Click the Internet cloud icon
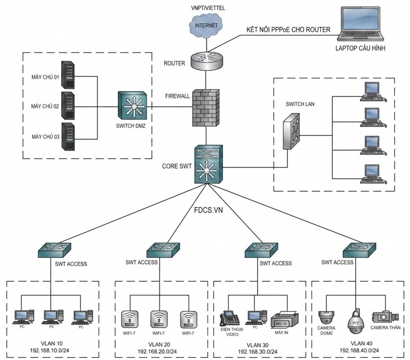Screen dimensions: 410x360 pyautogui.click(x=206, y=25)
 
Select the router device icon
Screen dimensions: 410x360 pyautogui.click(x=206, y=60)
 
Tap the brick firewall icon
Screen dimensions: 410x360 pyautogui.click(x=206, y=108)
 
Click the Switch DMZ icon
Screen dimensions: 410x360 pyautogui.click(x=132, y=106)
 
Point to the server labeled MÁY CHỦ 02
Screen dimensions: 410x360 pyautogui.click(x=68, y=106)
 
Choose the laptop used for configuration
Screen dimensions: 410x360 pyautogui.click(x=361, y=24)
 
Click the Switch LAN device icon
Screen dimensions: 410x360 pyautogui.click(x=292, y=131)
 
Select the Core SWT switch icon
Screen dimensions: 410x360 pyautogui.click(x=208, y=164)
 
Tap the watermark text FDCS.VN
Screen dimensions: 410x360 pyautogui.click(x=208, y=210)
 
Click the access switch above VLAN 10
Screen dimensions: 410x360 pyautogui.click(x=54, y=249)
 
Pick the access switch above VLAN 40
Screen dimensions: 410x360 pyautogui.click(x=360, y=249)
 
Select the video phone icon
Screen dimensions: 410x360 pyautogui.click(x=229, y=318)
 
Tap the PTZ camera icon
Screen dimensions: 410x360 pyautogui.click(x=356, y=322)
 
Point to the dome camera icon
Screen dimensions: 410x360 pyautogui.click(x=326, y=318)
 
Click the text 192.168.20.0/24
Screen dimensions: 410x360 pyautogui.click(x=157, y=352)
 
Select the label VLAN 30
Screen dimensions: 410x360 pyautogui.click(x=258, y=346)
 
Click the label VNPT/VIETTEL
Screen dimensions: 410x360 pyautogui.click(x=207, y=8)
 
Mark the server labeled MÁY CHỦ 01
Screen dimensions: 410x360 pyautogui.click(x=68, y=75)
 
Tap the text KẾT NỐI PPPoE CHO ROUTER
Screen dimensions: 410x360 pyautogui.click(x=289, y=30)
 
